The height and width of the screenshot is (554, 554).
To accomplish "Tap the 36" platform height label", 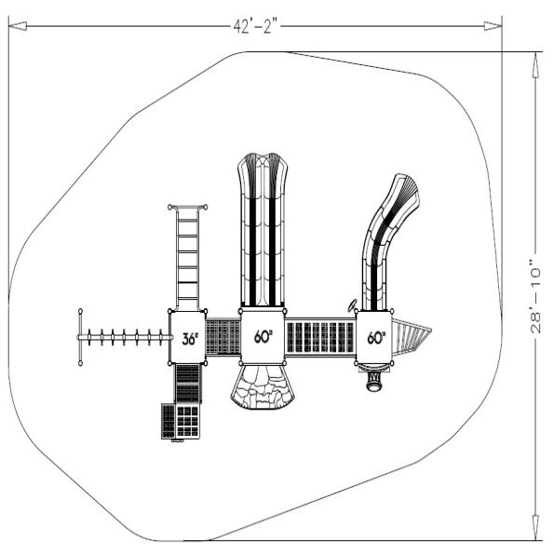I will coord(188,339).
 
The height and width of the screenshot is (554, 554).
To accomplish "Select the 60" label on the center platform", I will coord(263,337).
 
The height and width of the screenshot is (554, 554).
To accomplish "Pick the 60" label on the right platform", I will coord(376,338).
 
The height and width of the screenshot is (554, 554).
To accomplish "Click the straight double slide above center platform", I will coord(263,228).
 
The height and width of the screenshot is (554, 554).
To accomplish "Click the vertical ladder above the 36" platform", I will coord(187,256).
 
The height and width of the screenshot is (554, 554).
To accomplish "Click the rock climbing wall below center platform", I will coord(263,386).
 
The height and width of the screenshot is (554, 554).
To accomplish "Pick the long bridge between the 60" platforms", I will coord(319,337).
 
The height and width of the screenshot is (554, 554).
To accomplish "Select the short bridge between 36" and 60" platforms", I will coord(223,337).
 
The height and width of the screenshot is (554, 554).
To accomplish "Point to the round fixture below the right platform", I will coord(376,382).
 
